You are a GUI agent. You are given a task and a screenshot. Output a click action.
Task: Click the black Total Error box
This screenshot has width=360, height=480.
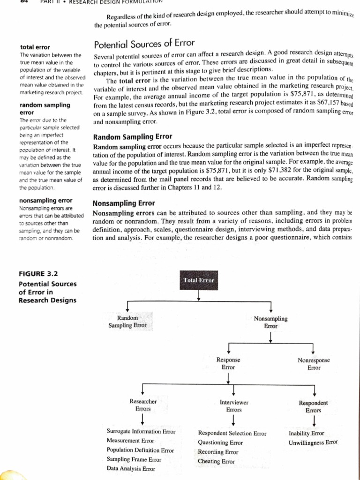(199, 280)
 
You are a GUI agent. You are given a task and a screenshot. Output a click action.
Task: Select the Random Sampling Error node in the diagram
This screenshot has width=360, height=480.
(127, 322)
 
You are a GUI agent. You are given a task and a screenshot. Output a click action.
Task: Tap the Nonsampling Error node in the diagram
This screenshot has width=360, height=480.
(270, 322)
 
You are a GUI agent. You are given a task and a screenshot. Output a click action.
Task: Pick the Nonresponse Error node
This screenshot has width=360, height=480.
(314, 364)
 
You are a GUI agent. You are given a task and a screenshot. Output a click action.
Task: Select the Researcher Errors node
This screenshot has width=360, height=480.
(142, 405)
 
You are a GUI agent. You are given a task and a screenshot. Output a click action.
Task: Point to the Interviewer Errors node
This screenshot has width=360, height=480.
(233, 406)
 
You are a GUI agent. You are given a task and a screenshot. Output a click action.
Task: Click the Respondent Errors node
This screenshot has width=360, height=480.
(313, 406)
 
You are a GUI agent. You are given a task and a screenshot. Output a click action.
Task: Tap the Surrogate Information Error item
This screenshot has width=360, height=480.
(141, 431)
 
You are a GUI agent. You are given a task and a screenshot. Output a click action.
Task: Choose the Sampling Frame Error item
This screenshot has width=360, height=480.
(131, 459)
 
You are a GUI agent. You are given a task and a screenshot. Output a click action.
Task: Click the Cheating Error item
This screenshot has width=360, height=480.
(216, 461)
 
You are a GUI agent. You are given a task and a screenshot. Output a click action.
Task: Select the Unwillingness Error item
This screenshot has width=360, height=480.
(313, 442)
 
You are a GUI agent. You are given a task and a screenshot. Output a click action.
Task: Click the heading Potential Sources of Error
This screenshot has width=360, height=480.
(144, 45)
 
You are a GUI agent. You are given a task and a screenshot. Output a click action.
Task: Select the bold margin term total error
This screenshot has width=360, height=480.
(35, 47)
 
